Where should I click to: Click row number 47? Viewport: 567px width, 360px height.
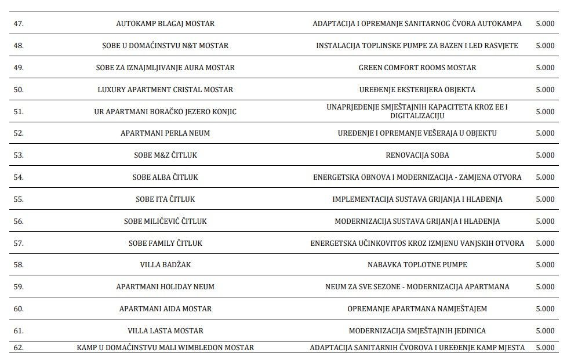[18, 24]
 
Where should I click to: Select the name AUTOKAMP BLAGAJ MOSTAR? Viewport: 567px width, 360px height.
[165, 24]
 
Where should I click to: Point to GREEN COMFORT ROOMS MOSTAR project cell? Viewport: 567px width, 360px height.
[417, 67]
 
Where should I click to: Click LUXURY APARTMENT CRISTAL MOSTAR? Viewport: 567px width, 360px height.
[165, 89]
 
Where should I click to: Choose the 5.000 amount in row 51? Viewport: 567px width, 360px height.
[545, 111]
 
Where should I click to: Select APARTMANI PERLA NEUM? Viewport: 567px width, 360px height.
[165, 133]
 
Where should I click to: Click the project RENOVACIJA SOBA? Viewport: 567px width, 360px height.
[417, 155]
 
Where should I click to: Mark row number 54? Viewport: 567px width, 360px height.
[18, 177]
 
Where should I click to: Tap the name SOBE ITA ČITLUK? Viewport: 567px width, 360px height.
[165, 199]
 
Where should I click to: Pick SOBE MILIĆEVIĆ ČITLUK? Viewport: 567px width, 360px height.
[165, 221]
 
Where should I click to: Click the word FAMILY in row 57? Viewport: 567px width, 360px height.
[163, 243]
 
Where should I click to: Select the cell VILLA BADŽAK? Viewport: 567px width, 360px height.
[165, 264]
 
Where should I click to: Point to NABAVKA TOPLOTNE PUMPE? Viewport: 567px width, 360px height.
[417, 264]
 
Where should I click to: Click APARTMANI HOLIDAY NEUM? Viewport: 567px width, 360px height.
[165, 286]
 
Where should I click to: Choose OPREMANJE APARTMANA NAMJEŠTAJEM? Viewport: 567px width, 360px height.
[417, 308]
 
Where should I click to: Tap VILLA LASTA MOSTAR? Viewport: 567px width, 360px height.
[165, 330]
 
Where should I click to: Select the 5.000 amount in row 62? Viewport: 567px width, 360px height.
[545, 348]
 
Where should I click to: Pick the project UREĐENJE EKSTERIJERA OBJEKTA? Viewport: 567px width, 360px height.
[417, 89]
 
